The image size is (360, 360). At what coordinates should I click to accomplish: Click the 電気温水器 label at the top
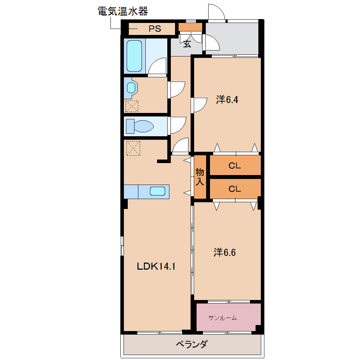coord(122,11)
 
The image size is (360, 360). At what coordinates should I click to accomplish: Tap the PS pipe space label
coord(155,29)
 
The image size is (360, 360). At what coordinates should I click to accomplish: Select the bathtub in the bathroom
coord(134,56)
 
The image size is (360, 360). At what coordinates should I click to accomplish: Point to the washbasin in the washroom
coord(132,88)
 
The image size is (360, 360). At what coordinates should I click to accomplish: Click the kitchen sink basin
coord(157,191)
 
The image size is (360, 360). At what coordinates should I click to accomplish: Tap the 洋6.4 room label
coord(227,100)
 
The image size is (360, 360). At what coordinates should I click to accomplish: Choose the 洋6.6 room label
coord(224,252)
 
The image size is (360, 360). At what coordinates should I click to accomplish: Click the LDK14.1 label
coord(156,266)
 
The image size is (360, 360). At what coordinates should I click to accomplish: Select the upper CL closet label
coord(235,166)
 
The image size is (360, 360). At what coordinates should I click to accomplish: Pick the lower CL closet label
coord(235,189)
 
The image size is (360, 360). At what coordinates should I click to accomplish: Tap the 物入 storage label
coord(200,176)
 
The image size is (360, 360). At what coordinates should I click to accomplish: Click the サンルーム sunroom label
coord(222,318)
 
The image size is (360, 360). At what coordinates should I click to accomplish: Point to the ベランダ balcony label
coord(192,344)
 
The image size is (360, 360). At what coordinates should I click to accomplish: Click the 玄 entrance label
coord(187,44)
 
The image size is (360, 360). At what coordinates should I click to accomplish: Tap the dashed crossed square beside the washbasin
coord(132,106)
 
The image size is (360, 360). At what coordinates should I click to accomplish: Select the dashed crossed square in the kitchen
coord(133,148)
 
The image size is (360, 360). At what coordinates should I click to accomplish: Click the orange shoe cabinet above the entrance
coord(190,27)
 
